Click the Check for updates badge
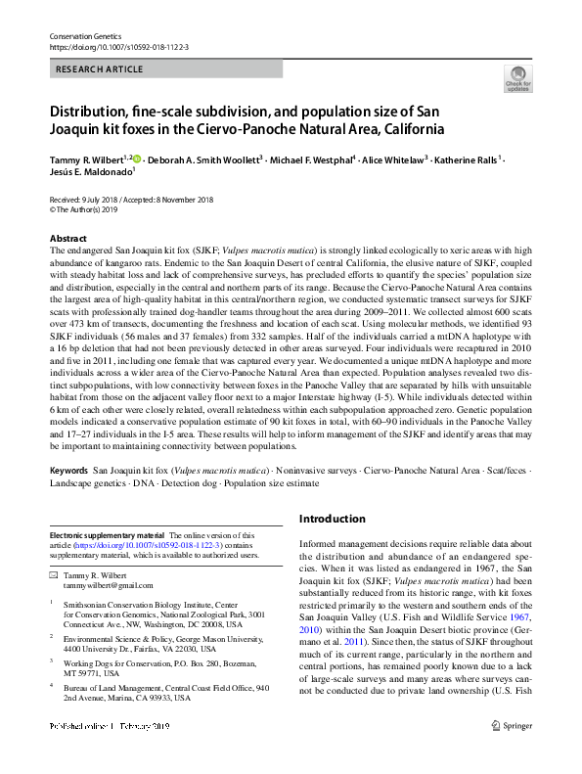click(x=517, y=78)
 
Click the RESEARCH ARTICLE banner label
click(x=100, y=69)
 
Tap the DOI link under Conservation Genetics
click(x=118, y=47)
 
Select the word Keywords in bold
click(x=68, y=472)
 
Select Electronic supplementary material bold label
click(x=108, y=535)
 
